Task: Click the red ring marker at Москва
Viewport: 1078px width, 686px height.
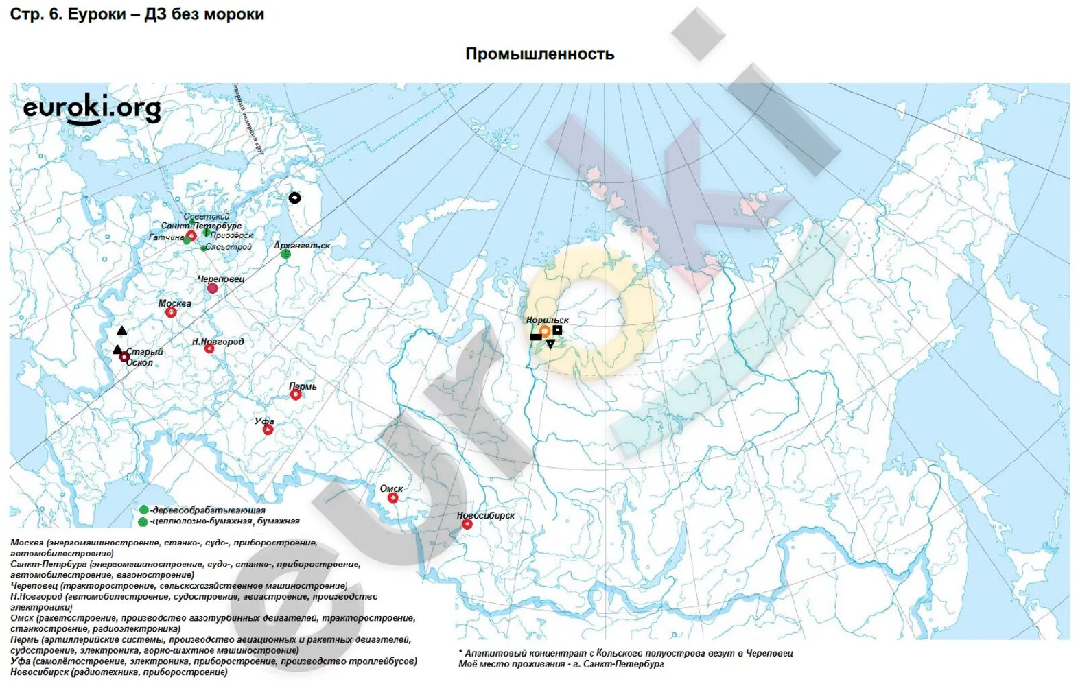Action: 171,313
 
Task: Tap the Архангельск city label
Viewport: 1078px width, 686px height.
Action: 301,245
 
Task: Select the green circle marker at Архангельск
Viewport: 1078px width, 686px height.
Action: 285,255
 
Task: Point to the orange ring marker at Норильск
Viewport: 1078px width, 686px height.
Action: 545,331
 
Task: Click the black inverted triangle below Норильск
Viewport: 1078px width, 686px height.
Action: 550,344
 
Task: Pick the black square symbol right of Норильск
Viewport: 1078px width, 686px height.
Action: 558,330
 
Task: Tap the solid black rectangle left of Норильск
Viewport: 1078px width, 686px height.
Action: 535,337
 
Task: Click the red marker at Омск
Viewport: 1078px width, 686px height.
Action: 392,498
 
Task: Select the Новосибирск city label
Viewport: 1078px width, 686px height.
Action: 485,515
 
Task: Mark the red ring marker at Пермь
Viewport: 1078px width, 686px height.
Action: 296,394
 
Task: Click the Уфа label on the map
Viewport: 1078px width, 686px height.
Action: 264,421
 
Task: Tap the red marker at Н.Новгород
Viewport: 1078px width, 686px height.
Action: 209,349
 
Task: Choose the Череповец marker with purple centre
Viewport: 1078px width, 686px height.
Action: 213,289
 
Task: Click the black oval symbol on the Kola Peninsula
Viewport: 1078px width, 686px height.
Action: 294,198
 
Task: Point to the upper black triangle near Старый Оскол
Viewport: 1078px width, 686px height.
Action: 122,331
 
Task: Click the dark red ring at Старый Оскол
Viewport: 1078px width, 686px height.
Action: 124,357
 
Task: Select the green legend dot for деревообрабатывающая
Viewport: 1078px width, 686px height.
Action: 143,510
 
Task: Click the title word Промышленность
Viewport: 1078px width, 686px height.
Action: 539,54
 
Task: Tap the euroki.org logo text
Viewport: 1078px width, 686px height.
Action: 91,108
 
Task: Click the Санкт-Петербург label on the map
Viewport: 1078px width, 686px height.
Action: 201,226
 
